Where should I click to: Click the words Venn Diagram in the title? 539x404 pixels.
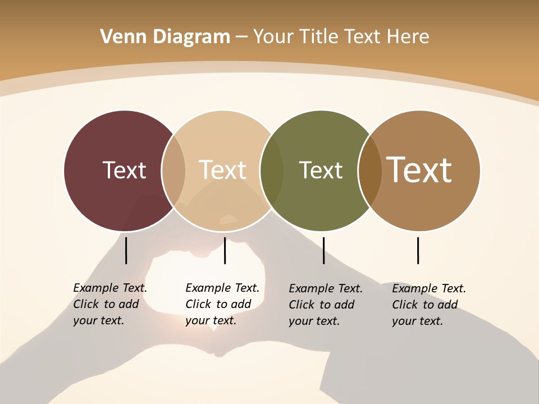coord(165,37)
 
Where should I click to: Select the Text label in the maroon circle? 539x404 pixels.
coord(124,170)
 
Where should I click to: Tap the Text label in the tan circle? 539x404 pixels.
coord(222,170)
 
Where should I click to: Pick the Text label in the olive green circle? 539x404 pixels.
coord(321,170)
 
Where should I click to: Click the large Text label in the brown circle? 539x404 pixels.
coord(419,170)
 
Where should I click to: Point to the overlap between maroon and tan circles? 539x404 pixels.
coord(173,170)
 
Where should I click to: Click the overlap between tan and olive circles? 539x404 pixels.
coord(272,170)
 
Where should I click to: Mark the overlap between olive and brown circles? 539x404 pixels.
coord(369,170)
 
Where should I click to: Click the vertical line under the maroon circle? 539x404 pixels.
coord(126,250)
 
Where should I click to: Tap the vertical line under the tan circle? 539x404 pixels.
coord(225,250)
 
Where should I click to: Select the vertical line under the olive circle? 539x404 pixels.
coord(323,250)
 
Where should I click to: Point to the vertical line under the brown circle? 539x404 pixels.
coord(418,250)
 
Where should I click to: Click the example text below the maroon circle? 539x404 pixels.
coord(110,304)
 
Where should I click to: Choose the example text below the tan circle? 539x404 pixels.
coord(222,304)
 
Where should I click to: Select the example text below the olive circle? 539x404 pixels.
coord(326,305)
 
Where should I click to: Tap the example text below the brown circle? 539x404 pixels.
coord(429,305)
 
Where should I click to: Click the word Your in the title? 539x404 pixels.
coord(273,37)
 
